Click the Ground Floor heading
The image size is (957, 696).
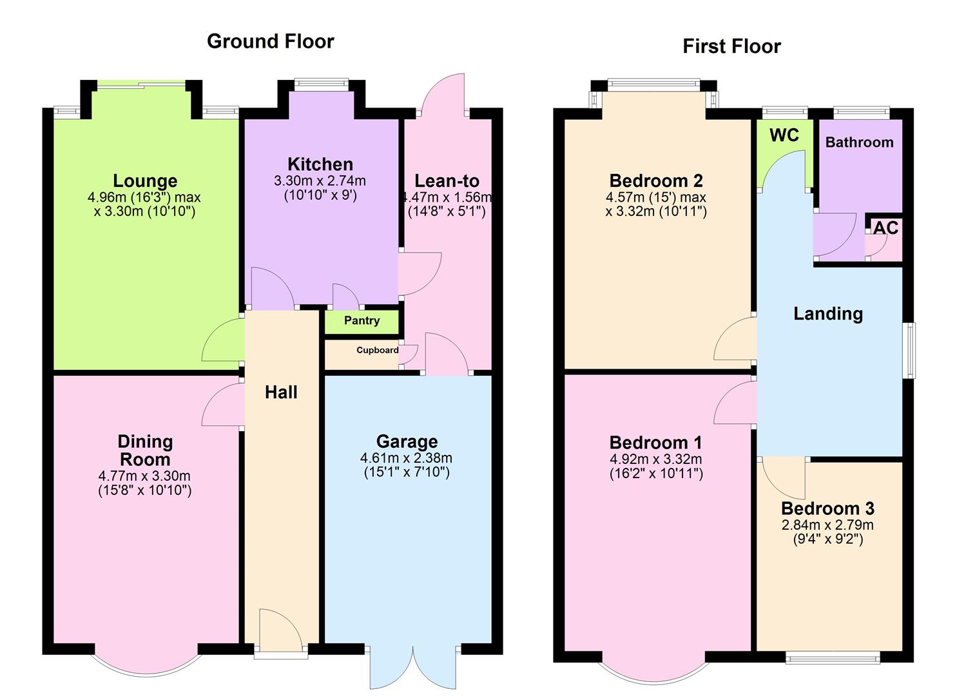[270, 41]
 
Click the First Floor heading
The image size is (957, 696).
[731, 46]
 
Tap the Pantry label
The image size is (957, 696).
[362, 321]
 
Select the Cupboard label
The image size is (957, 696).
[377, 350]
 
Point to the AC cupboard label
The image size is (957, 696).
[885, 228]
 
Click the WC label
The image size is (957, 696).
[784, 135]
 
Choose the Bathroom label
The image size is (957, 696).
[859, 142]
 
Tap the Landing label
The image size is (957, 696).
[827, 314]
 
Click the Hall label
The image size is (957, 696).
[281, 392]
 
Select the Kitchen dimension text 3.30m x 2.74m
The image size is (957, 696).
[320, 181]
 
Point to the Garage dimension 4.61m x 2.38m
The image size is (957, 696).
[406, 458]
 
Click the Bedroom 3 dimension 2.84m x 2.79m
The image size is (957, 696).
[827, 525]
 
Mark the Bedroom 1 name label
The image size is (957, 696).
[655, 443]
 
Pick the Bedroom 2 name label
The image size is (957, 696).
[655, 180]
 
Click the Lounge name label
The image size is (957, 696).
[145, 181]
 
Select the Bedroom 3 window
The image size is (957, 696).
[832, 657]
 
